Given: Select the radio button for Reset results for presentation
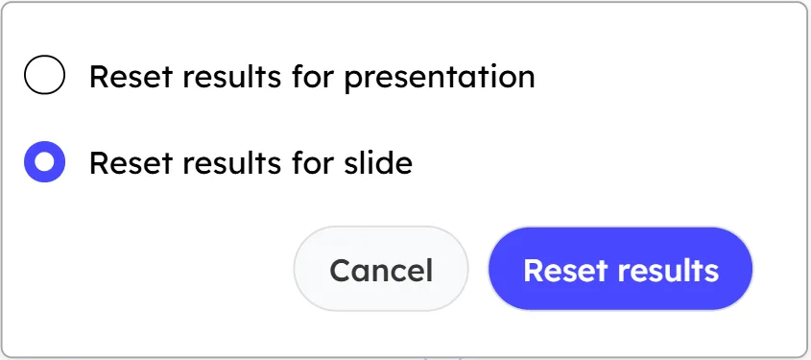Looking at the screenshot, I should click(44, 76).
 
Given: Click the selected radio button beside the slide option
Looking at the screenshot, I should click(44, 162).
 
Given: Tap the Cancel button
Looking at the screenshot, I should click(381, 270).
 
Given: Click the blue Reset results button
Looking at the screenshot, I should click(620, 270).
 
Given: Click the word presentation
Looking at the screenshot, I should click(439, 77).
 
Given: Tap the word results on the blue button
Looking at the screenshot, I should click(663, 270).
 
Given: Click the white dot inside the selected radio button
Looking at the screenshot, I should click(44, 162).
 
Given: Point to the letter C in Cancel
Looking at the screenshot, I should click(339, 270).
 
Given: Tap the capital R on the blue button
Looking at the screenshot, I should click(533, 270).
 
